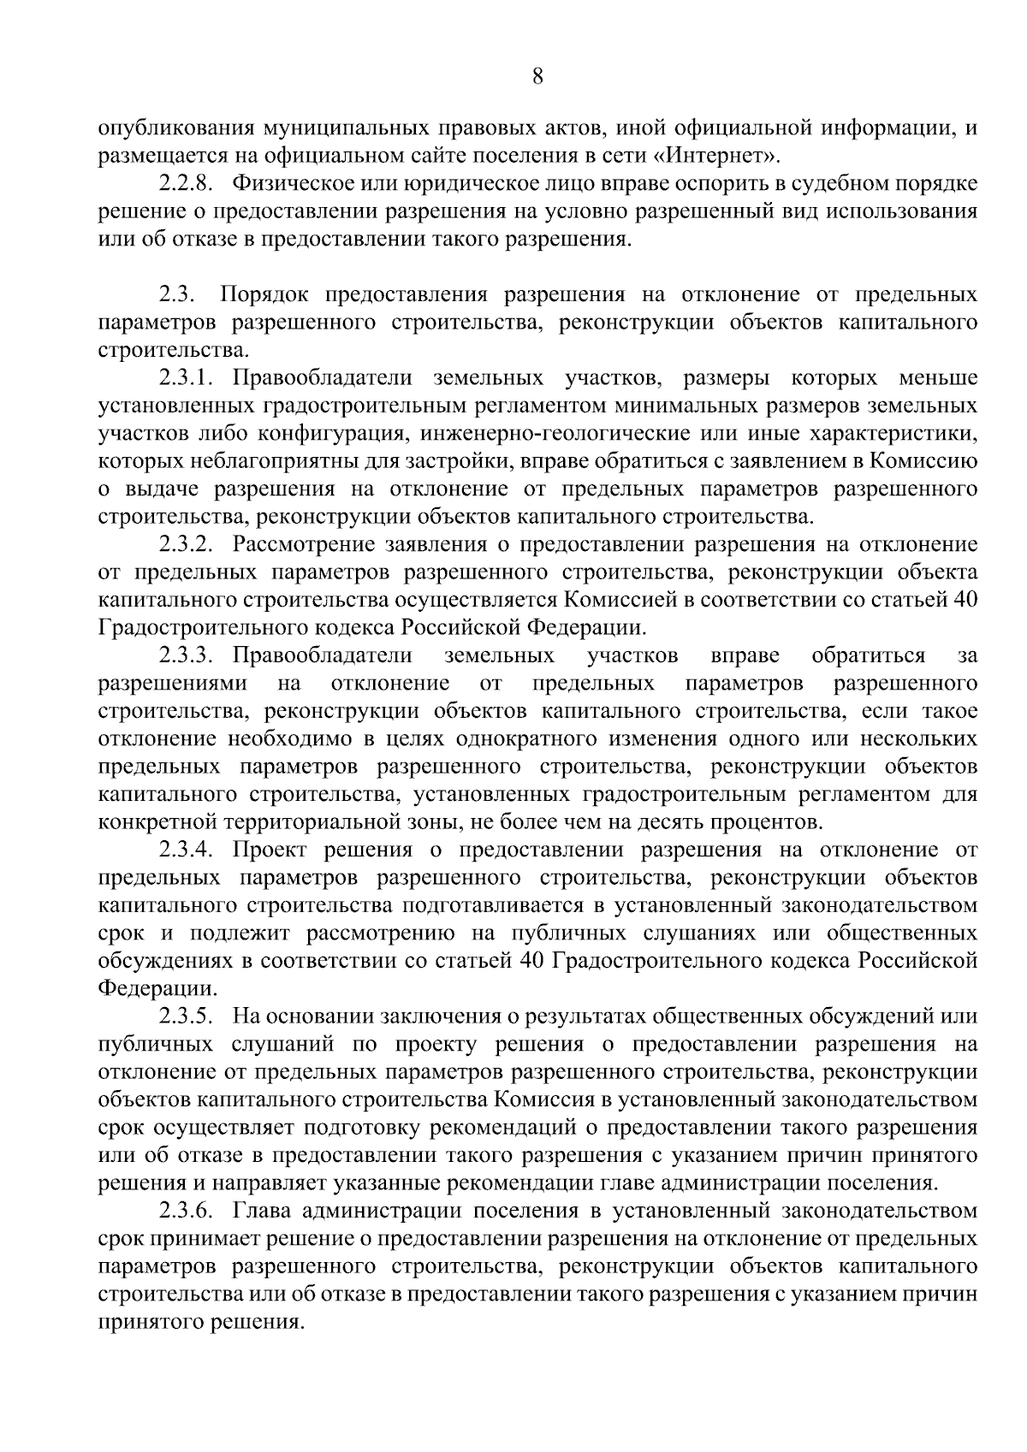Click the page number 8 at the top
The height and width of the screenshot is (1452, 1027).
pyautogui.click(x=537, y=77)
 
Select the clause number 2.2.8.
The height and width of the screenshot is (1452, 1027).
pyautogui.click(x=185, y=184)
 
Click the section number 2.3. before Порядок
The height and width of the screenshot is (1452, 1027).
pyautogui.click(x=178, y=295)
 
